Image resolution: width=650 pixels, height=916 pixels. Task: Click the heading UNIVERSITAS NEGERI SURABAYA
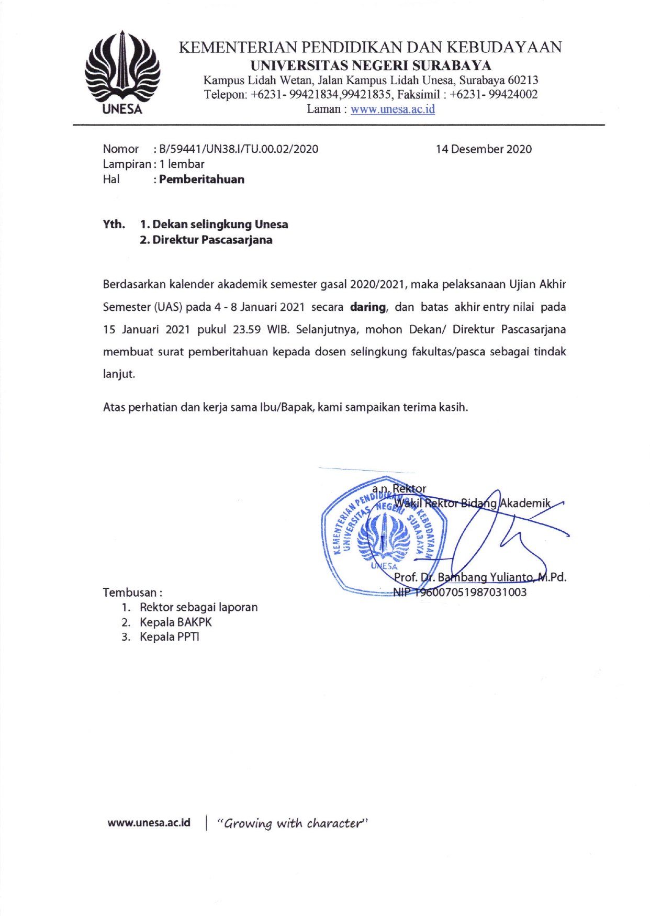[x=371, y=66]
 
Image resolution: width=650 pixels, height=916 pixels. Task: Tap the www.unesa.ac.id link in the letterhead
[x=393, y=109]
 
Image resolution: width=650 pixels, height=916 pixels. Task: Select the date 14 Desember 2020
[x=484, y=149]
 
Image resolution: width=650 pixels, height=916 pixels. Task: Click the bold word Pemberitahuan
[x=201, y=180]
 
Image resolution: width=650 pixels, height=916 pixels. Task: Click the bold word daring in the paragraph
[x=368, y=307]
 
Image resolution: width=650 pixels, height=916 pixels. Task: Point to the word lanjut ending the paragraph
[x=118, y=375]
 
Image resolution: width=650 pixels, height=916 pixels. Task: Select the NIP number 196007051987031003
[x=470, y=593]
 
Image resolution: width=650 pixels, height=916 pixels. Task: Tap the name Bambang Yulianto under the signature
[x=485, y=577]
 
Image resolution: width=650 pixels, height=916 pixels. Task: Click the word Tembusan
[x=130, y=593]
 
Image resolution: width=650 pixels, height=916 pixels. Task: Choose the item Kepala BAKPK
[x=175, y=622]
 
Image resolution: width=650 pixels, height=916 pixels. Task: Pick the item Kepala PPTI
[x=169, y=637]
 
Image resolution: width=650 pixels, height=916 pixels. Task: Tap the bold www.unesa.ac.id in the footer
[x=149, y=823]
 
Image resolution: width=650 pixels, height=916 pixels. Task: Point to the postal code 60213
[x=523, y=81]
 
